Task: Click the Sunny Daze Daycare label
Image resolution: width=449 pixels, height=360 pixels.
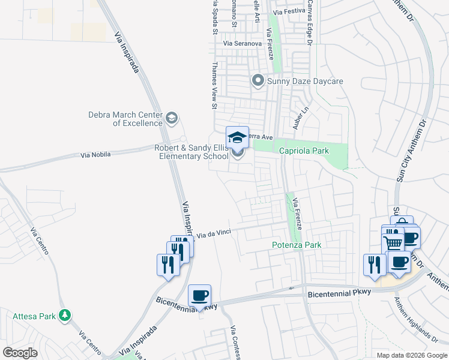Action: coord(305,81)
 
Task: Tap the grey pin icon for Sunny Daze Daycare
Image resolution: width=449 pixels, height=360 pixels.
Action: coord(259,80)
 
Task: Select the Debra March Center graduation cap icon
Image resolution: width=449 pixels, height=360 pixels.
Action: coord(172,117)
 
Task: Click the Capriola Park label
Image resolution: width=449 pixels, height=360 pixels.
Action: coord(304,151)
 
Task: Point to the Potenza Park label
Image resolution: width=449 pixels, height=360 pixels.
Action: coord(297,245)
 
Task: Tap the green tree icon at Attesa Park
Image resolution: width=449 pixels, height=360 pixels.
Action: coord(65,315)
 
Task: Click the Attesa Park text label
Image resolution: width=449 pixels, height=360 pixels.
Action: coord(34,316)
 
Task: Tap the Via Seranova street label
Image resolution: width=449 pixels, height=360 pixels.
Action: coord(243,44)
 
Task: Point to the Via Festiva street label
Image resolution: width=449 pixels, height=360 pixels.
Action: coord(289,11)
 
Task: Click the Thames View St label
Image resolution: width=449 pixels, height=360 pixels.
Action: coord(214,86)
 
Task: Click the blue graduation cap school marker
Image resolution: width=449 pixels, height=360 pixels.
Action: coord(237,137)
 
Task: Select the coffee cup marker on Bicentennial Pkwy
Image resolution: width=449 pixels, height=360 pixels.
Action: coord(199,296)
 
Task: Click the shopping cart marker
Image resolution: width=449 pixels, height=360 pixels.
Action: coord(393,243)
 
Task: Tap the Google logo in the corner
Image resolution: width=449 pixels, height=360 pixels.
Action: coord(20,353)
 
